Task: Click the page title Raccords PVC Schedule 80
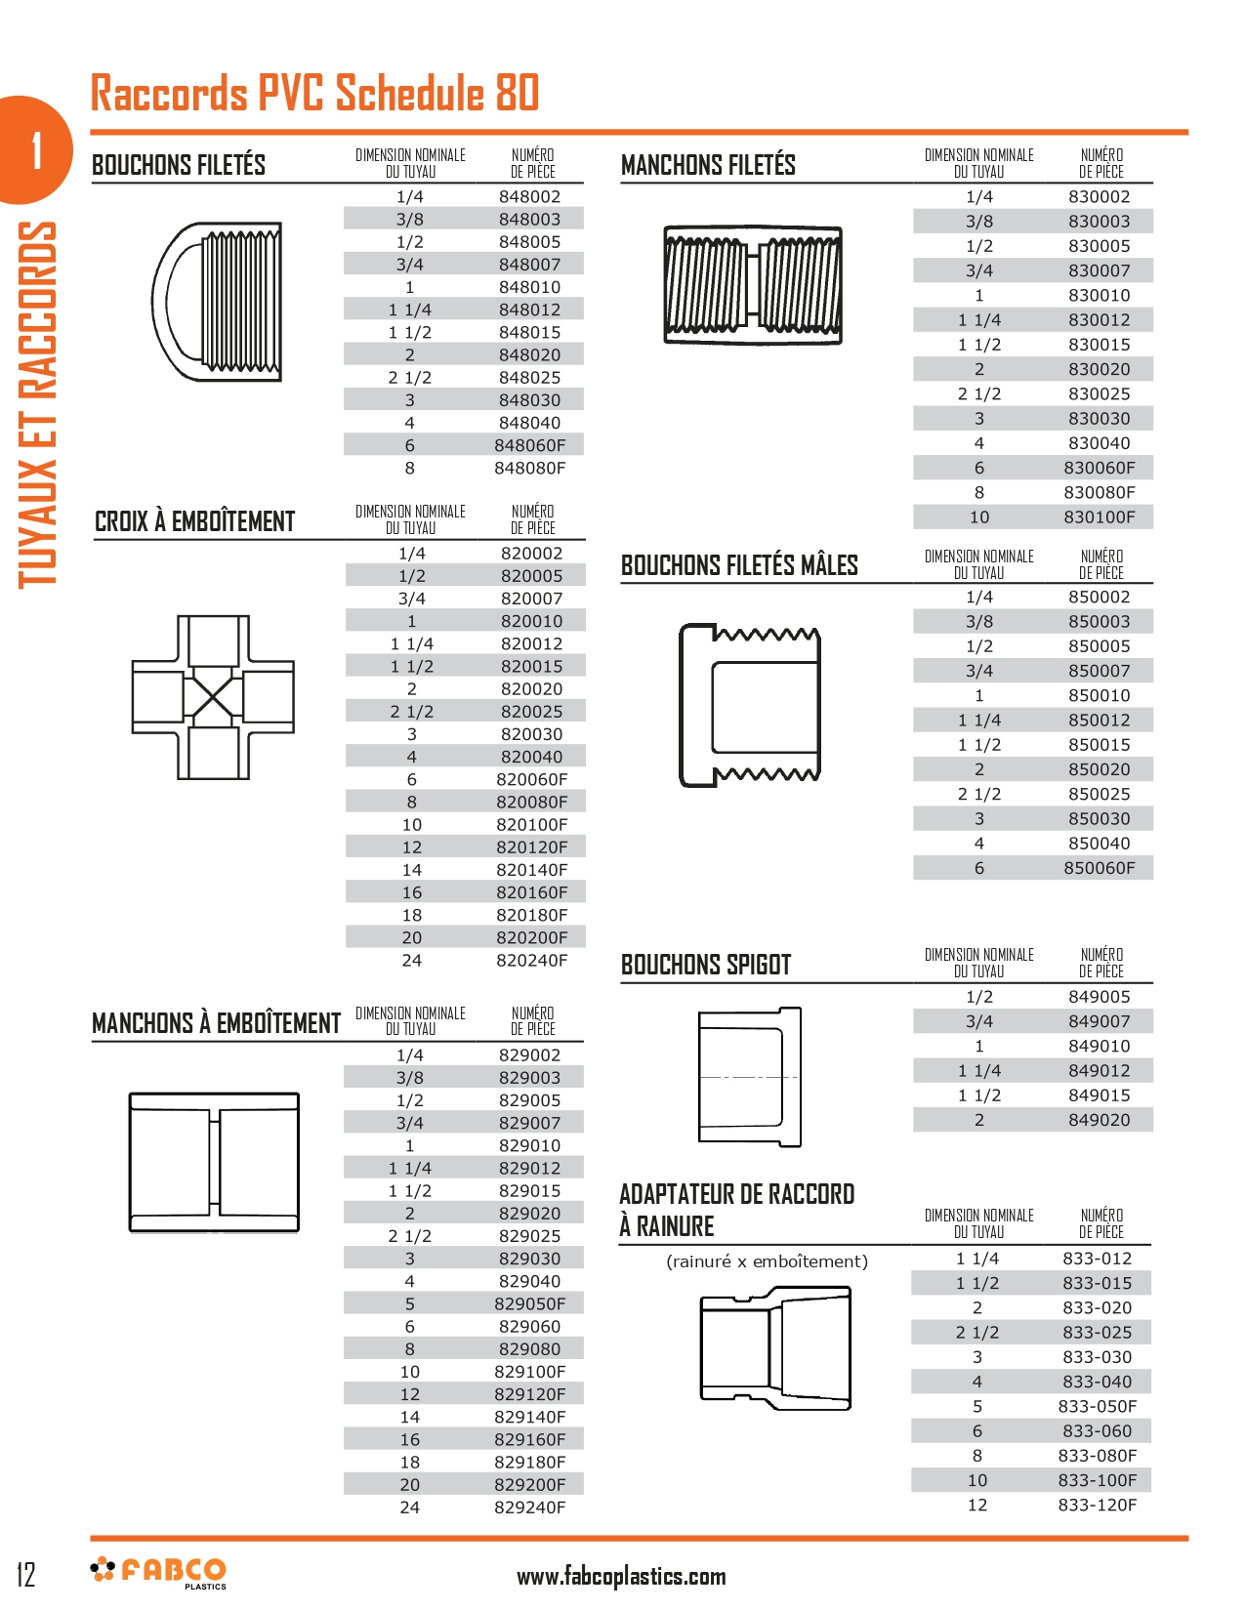(x=314, y=94)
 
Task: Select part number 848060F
(x=529, y=445)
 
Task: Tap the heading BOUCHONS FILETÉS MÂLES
(x=739, y=565)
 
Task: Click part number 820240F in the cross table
(x=531, y=961)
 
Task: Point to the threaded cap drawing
(x=218, y=301)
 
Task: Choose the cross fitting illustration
(x=213, y=697)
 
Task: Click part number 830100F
(x=1100, y=517)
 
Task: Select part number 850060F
(x=1100, y=868)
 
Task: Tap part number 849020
(x=1100, y=1120)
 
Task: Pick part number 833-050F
(x=1098, y=1407)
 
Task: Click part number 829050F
(x=529, y=1304)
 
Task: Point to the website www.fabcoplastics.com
(x=621, y=1576)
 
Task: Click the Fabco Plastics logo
(x=159, y=1572)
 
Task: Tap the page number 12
(x=26, y=1574)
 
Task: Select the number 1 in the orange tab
(x=36, y=150)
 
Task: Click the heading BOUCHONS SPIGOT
(x=706, y=965)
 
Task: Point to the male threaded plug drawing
(x=750, y=705)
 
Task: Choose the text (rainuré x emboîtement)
(x=767, y=1261)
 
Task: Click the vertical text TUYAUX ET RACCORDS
(x=37, y=404)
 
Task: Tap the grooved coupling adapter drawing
(x=775, y=1347)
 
